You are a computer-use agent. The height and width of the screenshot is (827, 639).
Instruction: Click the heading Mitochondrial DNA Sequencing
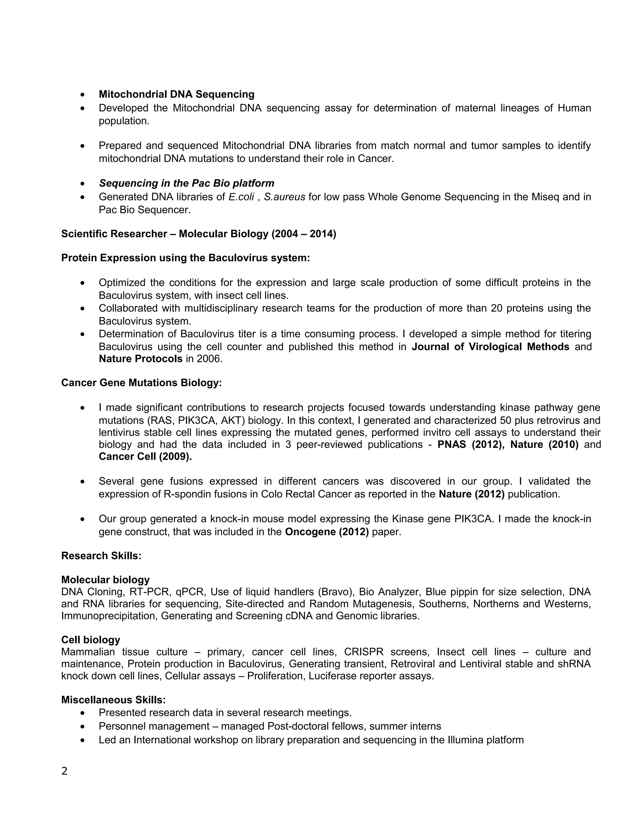pos(176,94)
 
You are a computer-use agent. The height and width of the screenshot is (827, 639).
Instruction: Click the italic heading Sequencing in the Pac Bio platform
pos(186,183)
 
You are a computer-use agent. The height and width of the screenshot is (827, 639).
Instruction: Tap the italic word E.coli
pos(241,197)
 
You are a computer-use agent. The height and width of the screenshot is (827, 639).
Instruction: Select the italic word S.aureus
pos(284,197)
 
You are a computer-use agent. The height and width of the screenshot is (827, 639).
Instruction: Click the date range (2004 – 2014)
pos(304,234)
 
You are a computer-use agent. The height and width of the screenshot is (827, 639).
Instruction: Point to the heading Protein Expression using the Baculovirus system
pos(186,258)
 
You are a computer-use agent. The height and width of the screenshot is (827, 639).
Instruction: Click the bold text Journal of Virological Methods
pos(490,346)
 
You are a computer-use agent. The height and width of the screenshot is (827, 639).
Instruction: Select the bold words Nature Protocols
pos(140,359)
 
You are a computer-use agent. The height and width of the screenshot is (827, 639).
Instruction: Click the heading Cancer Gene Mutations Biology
pos(141,383)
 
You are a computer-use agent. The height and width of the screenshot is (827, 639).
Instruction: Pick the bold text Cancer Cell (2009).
pos(145,456)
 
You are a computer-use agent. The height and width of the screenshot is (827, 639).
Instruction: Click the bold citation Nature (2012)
pos(472,494)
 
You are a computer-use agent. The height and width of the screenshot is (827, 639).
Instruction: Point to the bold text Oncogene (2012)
pos(327,532)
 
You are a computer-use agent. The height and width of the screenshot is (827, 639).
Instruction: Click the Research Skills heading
pos(101,556)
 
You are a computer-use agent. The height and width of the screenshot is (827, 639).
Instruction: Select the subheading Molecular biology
pos(105,580)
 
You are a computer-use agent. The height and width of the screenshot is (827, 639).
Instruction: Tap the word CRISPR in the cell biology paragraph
pos(363,652)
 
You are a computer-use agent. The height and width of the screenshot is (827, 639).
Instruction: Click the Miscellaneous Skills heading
pos(113,700)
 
